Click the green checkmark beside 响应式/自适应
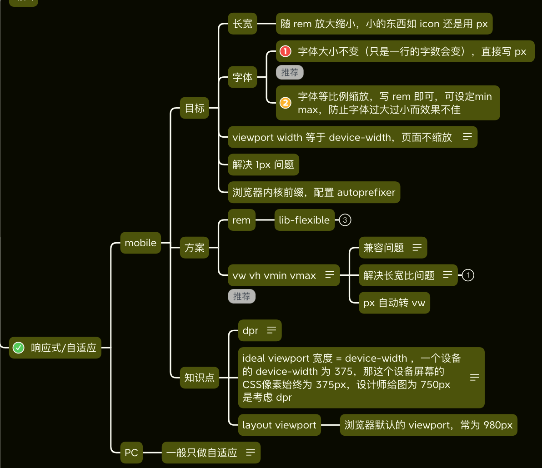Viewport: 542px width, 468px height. [18, 348]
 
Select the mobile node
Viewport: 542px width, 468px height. [141, 243]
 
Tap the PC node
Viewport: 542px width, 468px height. [131, 453]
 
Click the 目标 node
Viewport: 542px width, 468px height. [195, 108]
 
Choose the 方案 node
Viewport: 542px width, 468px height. [195, 248]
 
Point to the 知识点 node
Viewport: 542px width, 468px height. [200, 377]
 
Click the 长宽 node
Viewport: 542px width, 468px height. [242, 24]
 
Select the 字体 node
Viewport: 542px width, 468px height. [242, 77]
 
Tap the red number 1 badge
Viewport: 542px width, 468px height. [285, 51]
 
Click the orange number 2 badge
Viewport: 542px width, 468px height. [285, 103]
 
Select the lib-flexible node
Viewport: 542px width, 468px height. [305, 220]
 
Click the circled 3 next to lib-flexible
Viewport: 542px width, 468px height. [345, 220]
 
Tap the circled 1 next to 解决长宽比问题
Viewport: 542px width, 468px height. [468, 275]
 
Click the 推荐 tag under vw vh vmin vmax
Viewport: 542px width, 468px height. [241, 297]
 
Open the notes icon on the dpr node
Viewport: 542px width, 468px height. [271, 330]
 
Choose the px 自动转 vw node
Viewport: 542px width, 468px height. [394, 303]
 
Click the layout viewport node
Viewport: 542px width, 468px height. [280, 425]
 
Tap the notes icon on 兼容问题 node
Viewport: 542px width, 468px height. [417, 248]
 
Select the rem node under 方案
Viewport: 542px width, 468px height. [241, 220]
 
